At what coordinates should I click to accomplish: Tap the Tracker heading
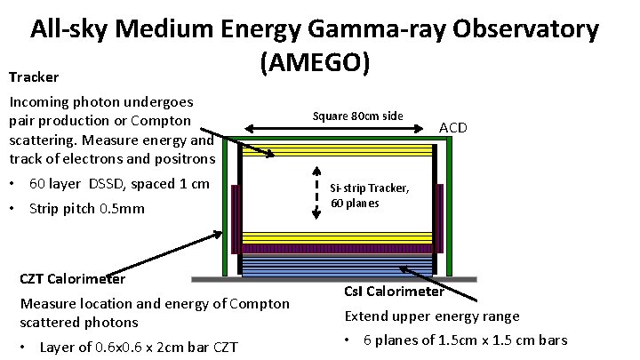click(35, 77)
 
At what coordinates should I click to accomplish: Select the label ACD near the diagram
click(453, 128)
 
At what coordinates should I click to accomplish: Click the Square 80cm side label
click(358, 116)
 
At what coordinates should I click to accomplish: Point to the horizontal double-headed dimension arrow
click(338, 130)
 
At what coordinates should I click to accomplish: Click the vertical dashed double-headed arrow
click(317, 193)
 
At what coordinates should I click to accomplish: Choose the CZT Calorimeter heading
click(72, 279)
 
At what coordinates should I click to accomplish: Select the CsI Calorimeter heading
click(394, 291)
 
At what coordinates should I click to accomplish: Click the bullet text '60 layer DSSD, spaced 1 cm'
click(119, 184)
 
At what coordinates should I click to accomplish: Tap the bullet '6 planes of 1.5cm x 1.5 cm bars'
click(465, 340)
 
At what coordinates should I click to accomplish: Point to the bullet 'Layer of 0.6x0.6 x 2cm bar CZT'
click(139, 347)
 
